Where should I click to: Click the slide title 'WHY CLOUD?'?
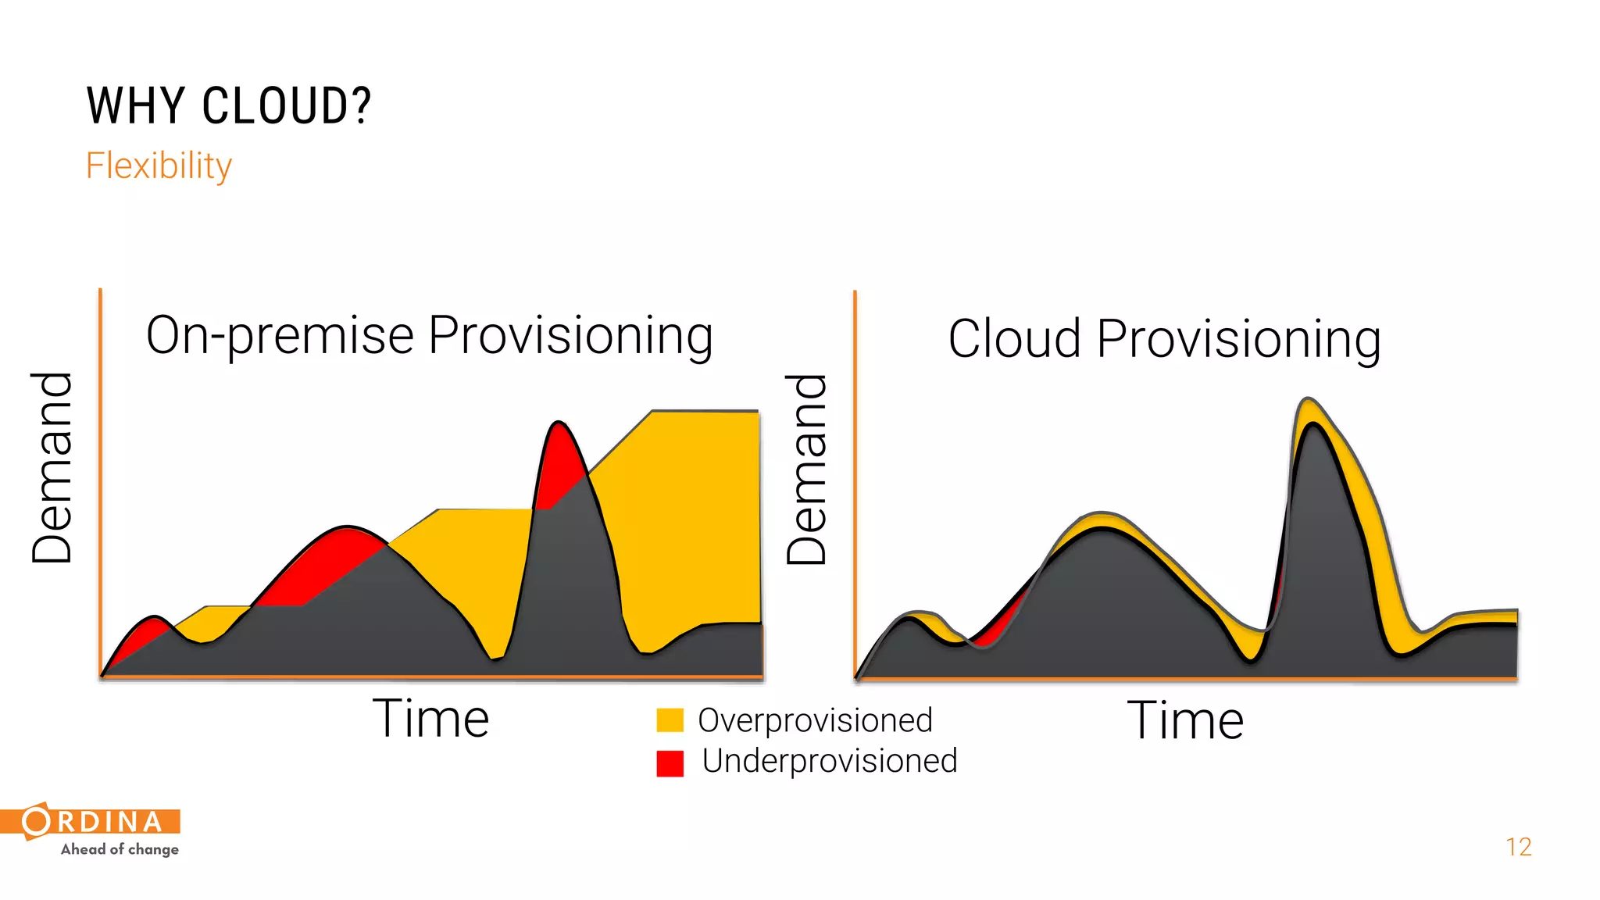pos(229,106)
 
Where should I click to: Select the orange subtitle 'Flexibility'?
pos(159,166)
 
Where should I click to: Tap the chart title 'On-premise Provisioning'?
pos(429,335)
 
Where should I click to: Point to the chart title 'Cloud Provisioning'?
pos(1164,339)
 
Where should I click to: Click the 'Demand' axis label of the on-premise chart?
pos(52,467)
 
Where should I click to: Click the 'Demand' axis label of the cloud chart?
pos(806,469)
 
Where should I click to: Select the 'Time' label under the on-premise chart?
pos(430,719)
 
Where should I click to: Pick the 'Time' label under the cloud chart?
pos(1185,720)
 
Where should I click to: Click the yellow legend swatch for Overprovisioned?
pos(670,720)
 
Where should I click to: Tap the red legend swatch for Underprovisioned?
pos(670,762)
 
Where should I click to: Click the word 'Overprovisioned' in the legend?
pos(815,720)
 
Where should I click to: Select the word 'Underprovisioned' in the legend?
pos(829,761)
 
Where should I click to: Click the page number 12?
pos(1518,847)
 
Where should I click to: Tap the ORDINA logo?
pos(92,821)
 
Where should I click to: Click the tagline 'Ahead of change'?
pos(120,849)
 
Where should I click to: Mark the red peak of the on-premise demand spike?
pos(559,461)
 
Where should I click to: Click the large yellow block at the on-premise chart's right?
pos(687,516)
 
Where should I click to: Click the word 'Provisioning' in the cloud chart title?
pos(1238,339)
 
